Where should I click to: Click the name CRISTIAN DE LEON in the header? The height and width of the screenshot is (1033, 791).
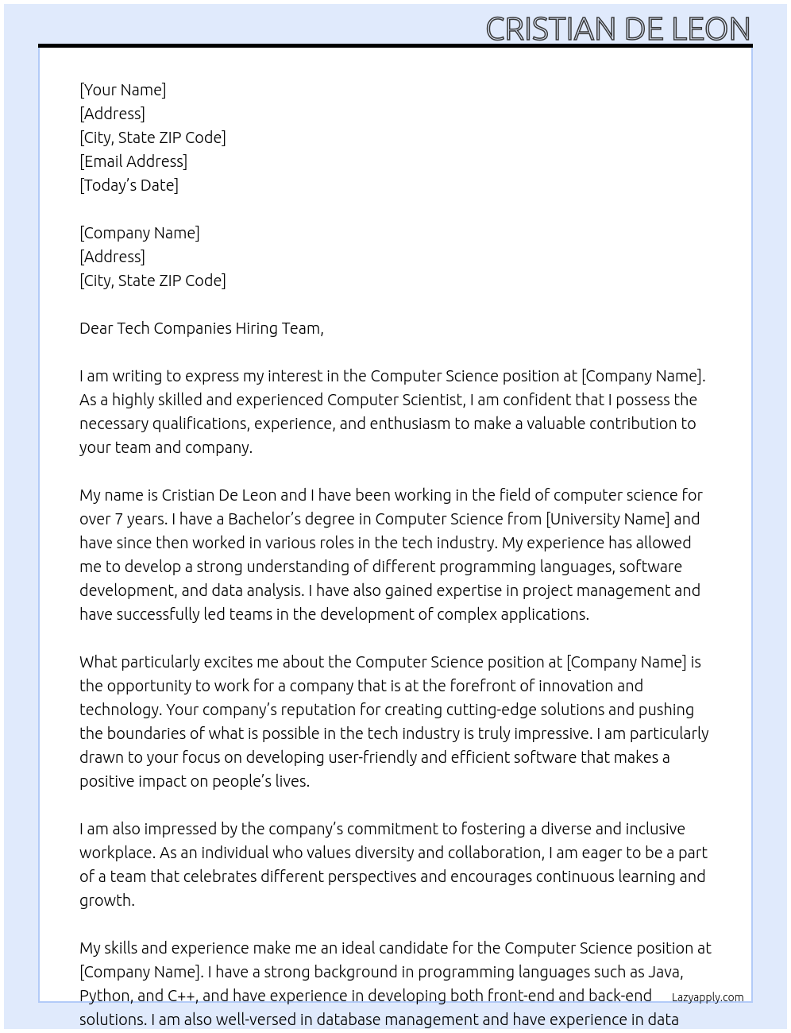pyautogui.click(x=617, y=29)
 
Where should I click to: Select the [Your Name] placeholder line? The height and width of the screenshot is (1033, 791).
pyautogui.click(x=122, y=90)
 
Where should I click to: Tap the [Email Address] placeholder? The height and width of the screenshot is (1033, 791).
pyautogui.click(x=133, y=161)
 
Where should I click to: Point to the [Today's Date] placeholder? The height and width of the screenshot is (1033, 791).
pyautogui.click(x=129, y=185)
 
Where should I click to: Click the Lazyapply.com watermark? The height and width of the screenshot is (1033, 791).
pyautogui.click(x=707, y=997)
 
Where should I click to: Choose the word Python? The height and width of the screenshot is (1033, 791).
pyautogui.click(x=105, y=996)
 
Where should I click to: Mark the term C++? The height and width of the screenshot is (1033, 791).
pyautogui.click(x=181, y=996)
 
